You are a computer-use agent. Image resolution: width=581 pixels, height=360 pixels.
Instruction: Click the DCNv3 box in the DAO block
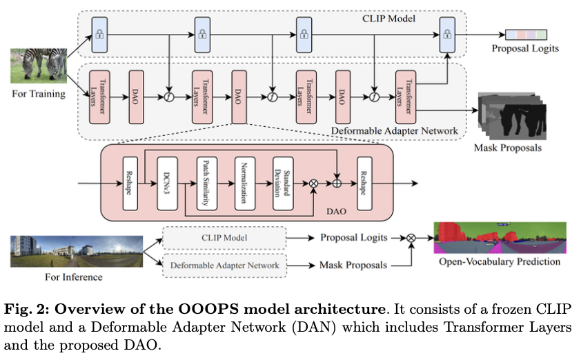pos(167,183)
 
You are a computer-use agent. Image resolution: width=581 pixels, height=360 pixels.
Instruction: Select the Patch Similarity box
pos(207,183)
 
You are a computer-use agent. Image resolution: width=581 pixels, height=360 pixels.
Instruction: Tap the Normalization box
pos(245,183)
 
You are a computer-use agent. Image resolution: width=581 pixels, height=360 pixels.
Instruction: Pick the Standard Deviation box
pos(283,183)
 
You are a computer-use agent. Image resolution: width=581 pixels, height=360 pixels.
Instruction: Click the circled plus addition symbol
pos(337,183)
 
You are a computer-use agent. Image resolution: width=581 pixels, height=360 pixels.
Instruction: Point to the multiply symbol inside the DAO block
pos(313,183)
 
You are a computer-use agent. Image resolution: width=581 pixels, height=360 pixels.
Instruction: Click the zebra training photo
pos(39,66)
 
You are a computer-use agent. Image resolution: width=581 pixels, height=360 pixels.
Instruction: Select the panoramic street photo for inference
pos(77,251)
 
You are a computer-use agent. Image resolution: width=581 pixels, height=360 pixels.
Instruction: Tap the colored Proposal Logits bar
pos(526,34)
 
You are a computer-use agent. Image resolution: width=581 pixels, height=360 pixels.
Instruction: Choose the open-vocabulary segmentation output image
pos(500,238)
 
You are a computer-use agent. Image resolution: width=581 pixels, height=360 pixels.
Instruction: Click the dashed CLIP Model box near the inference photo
pos(224,238)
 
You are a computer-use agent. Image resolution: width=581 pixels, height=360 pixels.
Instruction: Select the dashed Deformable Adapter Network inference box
pos(224,266)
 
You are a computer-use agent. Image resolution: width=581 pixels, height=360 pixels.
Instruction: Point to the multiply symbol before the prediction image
pos(411,238)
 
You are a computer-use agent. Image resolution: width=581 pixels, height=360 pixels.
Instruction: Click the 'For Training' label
pos(39,93)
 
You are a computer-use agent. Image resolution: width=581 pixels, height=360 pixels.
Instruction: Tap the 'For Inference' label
pos(74,277)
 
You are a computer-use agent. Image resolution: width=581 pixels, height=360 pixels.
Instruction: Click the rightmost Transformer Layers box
pos(406,97)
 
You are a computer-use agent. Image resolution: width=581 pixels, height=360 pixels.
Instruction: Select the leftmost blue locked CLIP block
pos(99,34)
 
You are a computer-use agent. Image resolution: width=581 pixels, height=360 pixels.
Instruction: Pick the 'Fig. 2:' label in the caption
pos(27,310)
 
